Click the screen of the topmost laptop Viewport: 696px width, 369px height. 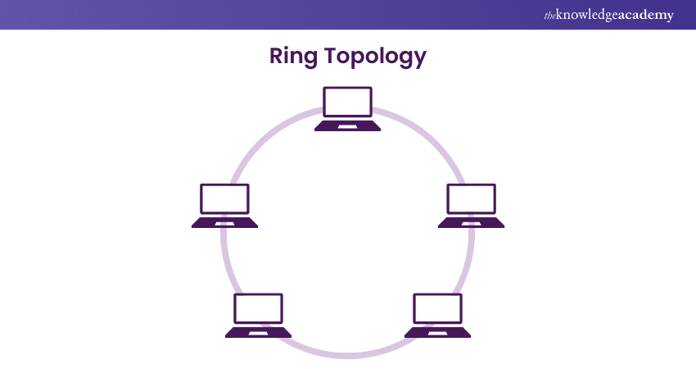(x=348, y=102)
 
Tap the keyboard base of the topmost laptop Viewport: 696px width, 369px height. (x=348, y=126)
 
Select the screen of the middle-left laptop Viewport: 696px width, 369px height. (x=225, y=199)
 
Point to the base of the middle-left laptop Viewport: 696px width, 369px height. (x=225, y=223)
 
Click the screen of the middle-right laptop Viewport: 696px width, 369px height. (x=472, y=199)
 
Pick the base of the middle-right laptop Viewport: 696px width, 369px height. (x=472, y=223)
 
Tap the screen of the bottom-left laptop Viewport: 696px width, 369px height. (x=259, y=308)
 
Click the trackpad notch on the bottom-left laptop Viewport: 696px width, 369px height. (x=259, y=334)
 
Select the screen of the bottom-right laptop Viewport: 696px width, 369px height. (x=438, y=308)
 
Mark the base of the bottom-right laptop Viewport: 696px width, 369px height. (x=438, y=333)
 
